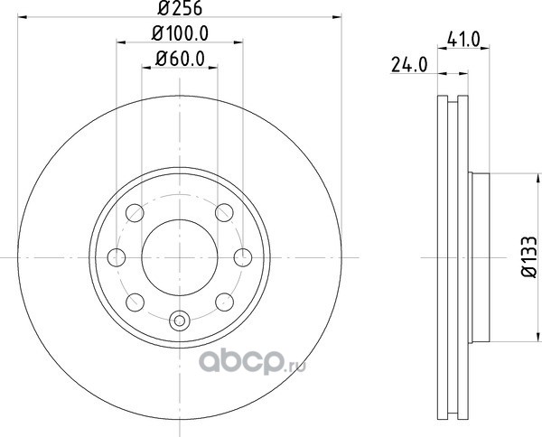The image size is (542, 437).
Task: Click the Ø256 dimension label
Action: (180, 8)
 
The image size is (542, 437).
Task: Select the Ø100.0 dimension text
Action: (180, 33)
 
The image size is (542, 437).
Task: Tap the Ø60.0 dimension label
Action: (180, 59)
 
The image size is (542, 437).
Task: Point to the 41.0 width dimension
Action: (463, 39)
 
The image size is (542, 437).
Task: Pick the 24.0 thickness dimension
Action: (409, 65)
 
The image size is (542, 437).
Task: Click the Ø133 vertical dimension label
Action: (529, 256)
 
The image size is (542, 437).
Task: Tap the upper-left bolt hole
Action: (135, 213)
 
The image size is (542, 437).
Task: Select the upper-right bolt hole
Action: (224, 212)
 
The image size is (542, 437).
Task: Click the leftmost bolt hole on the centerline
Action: (117, 257)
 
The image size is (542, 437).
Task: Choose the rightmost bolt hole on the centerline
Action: (243, 257)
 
